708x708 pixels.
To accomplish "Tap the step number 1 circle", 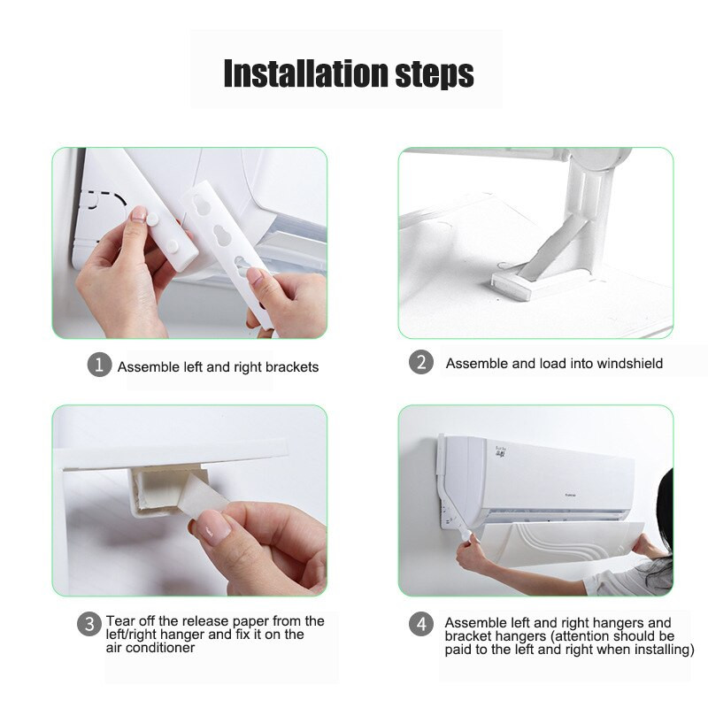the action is click(99, 365).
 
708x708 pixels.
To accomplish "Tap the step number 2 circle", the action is click(421, 362).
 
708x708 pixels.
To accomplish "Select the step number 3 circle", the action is click(89, 624).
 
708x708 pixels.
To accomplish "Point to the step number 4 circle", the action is click(421, 624).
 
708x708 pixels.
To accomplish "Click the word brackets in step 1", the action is click(292, 366).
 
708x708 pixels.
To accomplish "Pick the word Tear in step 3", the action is click(119, 621).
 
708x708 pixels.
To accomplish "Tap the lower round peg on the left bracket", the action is click(172, 246).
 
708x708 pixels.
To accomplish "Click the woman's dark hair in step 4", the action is click(663, 519).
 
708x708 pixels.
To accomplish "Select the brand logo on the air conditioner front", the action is click(570, 496).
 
